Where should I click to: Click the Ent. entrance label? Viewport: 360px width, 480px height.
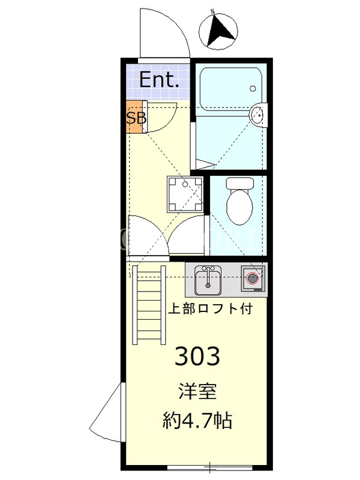coord(159,80)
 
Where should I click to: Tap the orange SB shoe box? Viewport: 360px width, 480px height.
coord(134,117)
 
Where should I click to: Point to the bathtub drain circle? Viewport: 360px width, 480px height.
coord(253,88)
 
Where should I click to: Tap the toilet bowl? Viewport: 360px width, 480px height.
coord(239,208)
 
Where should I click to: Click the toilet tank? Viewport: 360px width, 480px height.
coord(239,184)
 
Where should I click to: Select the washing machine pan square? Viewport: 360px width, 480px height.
coord(185,194)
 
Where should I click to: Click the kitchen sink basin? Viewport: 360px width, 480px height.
coord(208,280)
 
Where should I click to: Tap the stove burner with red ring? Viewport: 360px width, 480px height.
coord(253,278)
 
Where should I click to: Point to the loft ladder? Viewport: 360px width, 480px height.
coord(149,305)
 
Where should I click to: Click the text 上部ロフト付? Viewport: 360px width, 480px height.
coord(211,308)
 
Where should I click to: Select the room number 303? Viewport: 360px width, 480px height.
coord(197,356)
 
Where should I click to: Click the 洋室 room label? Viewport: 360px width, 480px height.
coord(198,392)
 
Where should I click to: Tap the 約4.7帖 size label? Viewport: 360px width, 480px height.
coord(197,420)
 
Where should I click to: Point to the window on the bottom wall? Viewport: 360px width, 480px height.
coord(209,467)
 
